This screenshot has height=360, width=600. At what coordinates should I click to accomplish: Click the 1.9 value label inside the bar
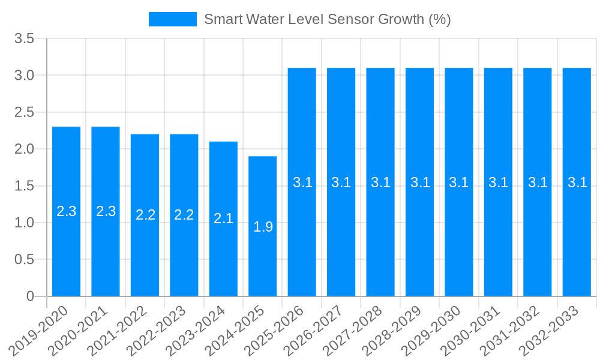(x=263, y=227)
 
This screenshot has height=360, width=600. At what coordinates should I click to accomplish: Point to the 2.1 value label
(x=223, y=218)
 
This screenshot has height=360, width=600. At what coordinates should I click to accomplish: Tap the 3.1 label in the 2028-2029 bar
(x=420, y=182)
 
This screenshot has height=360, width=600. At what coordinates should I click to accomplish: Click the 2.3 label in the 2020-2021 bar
(x=106, y=211)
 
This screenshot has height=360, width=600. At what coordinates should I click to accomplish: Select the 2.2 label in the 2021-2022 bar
(x=145, y=215)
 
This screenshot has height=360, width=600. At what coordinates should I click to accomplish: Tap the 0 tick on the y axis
(x=31, y=296)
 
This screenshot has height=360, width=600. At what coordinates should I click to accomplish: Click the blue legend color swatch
(x=173, y=19)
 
